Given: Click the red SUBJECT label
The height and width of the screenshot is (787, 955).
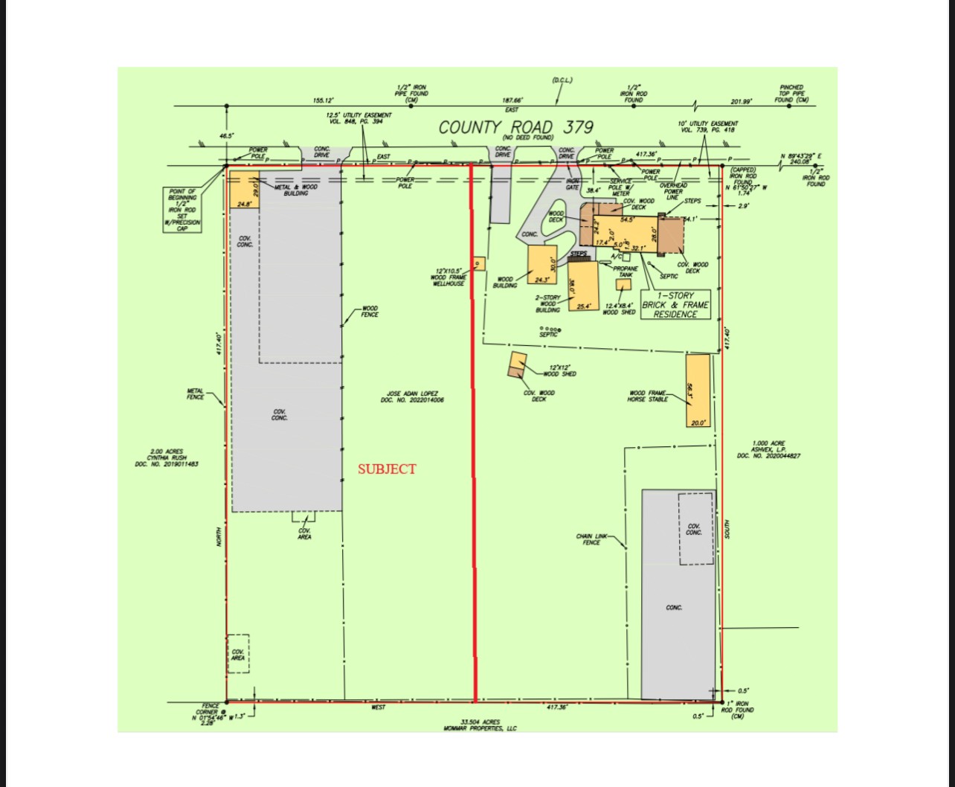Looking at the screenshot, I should pos(387,469).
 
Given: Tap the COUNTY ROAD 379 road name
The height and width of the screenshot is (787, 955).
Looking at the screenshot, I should pos(515,127).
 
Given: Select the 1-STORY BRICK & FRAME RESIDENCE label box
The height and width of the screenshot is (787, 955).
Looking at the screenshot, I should pos(675,305).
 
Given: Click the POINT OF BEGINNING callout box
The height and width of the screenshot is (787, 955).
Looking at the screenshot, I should pos(182,210).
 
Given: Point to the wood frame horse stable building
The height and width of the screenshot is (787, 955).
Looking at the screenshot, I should pos(698,391).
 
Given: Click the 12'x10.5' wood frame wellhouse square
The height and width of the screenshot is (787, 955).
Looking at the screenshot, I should pos(479,263).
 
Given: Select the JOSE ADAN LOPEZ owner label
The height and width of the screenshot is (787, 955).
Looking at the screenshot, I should pos(412,396).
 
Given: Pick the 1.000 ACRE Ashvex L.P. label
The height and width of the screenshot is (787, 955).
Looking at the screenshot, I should pos(768,449).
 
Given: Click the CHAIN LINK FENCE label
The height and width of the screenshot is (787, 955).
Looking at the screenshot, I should pos(591,539).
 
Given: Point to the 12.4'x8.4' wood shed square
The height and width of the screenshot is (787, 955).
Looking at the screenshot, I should pos(623,284).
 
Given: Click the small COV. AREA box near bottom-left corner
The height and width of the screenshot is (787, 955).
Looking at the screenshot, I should pos(238,654).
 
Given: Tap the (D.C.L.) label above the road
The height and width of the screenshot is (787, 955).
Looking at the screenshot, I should pos(562,80).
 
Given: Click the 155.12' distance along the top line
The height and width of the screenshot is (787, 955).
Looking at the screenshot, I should pos(324,100).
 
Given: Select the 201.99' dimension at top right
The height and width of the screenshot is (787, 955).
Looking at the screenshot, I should pos(741,102).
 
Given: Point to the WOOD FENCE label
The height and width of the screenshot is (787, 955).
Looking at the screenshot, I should pos(370,311).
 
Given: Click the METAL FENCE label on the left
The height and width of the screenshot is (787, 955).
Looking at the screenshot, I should pos(195,393).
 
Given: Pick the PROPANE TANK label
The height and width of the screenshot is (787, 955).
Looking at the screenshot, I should pos(626,272).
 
